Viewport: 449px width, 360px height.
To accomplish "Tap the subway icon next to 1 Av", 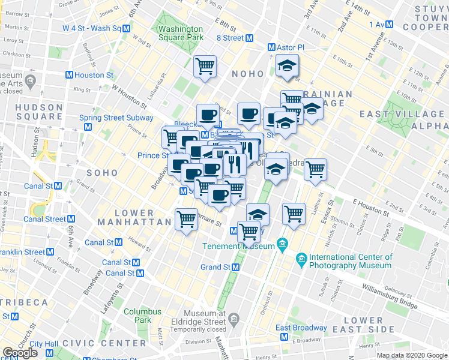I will point(389,24).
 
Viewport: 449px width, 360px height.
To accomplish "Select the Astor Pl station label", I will point(290,47).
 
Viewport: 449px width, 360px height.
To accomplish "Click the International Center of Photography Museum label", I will point(350,261).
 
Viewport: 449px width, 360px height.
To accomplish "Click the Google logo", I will point(20,353).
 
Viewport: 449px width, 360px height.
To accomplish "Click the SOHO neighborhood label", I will point(97,172).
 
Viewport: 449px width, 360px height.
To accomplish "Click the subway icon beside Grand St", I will point(237,266).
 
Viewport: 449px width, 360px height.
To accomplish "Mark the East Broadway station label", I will point(301,328).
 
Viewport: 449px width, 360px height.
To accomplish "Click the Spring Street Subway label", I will point(116,118).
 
